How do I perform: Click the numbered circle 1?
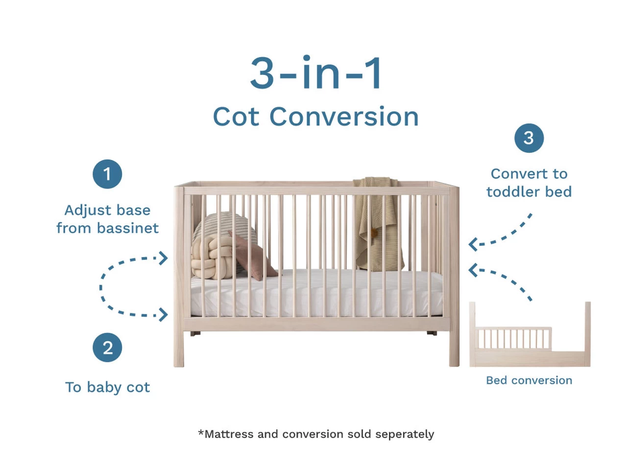click(x=107, y=174)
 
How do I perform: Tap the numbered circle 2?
click(x=107, y=348)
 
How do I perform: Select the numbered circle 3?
click(x=529, y=138)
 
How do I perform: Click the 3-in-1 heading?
click(x=316, y=73)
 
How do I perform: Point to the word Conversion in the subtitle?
click(x=344, y=117)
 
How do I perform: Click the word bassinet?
click(x=128, y=228)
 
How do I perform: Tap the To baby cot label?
click(x=107, y=387)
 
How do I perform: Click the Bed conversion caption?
click(x=529, y=380)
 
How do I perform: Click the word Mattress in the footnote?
click(x=229, y=434)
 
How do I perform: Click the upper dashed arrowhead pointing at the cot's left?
click(x=163, y=258)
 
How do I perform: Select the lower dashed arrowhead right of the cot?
click(x=473, y=270)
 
